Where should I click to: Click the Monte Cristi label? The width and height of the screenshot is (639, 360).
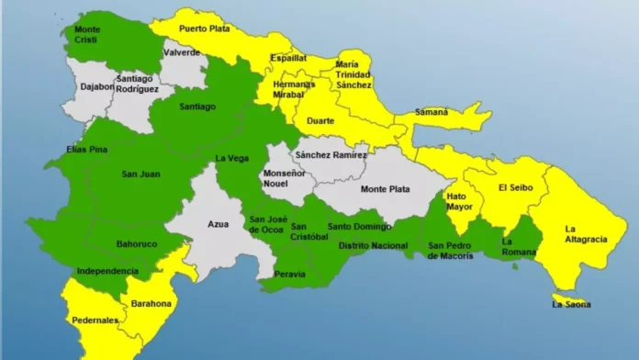click(87, 34)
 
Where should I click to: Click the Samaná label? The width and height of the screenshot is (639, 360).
click(432, 112)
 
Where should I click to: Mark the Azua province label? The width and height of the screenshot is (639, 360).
click(219, 223)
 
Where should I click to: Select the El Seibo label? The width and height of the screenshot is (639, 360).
click(514, 188)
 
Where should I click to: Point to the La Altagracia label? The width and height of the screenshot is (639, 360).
click(585, 234)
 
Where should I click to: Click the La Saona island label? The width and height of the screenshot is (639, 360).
click(571, 304)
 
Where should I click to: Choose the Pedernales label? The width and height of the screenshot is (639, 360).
click(95, 321)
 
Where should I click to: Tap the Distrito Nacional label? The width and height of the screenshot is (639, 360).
click(373, 245)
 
